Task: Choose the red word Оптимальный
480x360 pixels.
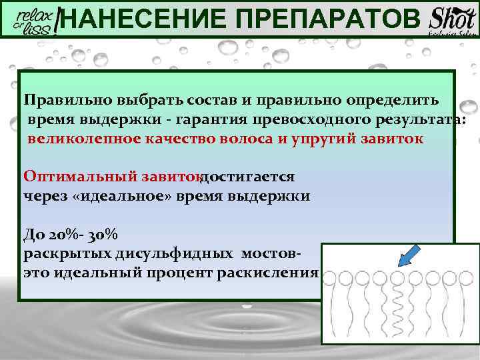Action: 80,177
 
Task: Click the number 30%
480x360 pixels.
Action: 103,235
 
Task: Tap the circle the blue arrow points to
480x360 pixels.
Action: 397,276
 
